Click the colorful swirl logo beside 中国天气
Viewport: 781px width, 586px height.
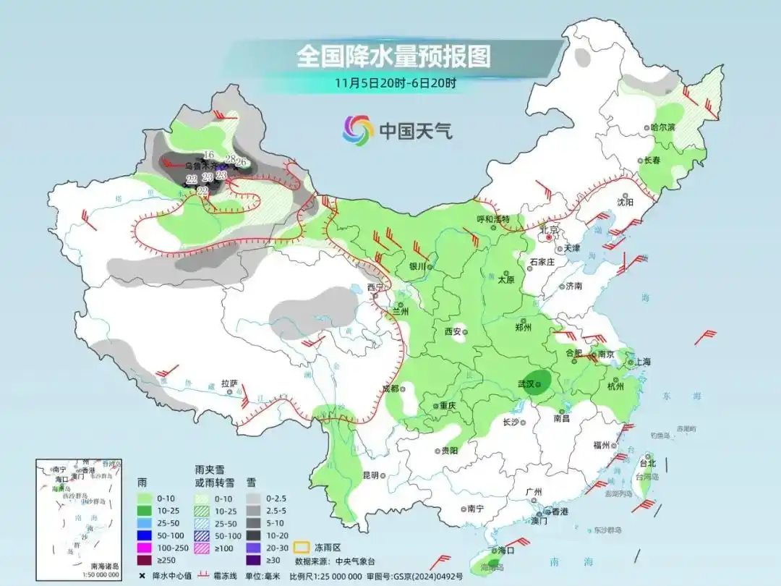[x=358, y=130]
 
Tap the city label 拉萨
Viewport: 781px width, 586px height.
[x=229, y=383]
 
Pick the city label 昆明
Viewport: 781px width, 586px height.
[x=370, y=475]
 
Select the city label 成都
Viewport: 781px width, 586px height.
[x=390, y=388]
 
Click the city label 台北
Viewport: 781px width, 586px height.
[x=647, y=463]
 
